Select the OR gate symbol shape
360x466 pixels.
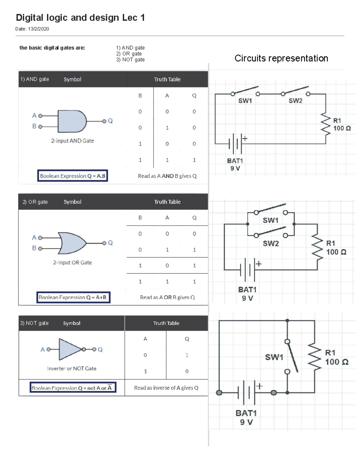pyautogui.click(x=72, y=243)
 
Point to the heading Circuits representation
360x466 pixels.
pyautogui.click(x=281, y=58)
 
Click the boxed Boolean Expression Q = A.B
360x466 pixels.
pyautogui.click(x=73, y=176)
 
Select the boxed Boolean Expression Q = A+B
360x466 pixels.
pyautogui.click(x=73, y=297)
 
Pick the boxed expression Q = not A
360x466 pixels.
pyautogui.click(x=73, y=388)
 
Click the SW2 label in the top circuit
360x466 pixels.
pyautogui.click(x=295, y=101)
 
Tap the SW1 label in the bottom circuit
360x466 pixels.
pyautogui.click(x=274, y=357)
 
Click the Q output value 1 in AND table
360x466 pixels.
pyautogui.click(x=194, y=160)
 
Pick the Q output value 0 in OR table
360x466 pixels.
pyautogui.click(x=194, y=234)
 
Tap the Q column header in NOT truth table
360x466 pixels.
pyautogui.click(x=187, y=339)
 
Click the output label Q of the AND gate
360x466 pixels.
pyautogui.click(x=110, y=121)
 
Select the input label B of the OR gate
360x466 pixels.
pyautogui.click(x=34, y=248)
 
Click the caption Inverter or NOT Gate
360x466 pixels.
pyautogui.click(x=72, y=368)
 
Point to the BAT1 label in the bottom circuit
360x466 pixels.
pyautogui.click(x=246, y=413)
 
